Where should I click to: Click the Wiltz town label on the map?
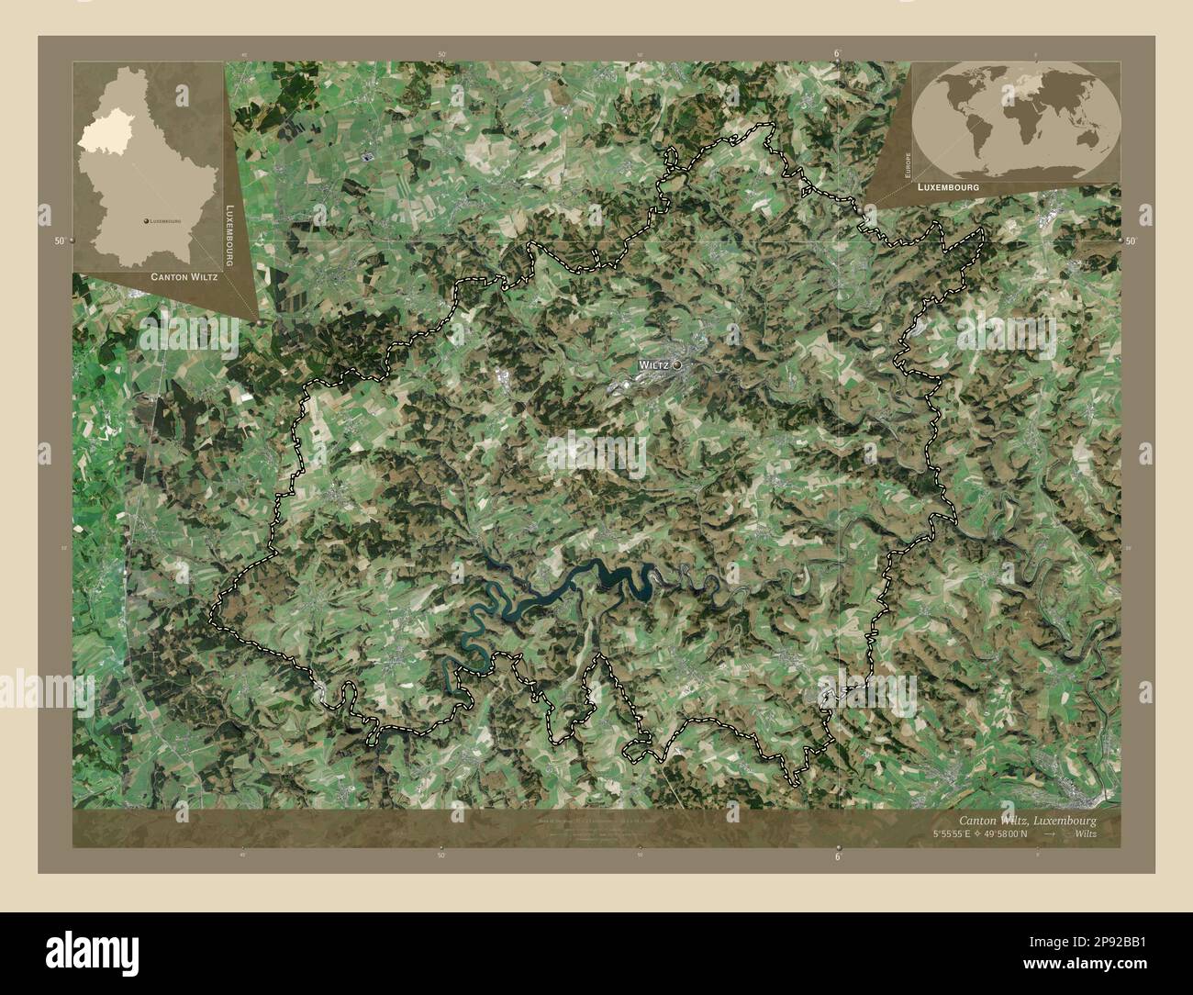[x=653, y=365]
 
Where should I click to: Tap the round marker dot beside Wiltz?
[x=677, y=365]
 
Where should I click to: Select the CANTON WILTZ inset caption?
[x=184, y=276]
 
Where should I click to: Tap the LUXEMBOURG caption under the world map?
[x=944, y=186]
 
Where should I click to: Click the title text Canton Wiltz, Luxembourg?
[x=1027, y=820]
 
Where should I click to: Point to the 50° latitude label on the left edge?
[x=60, y=240]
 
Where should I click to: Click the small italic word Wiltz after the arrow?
[x=1084, y=834]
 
